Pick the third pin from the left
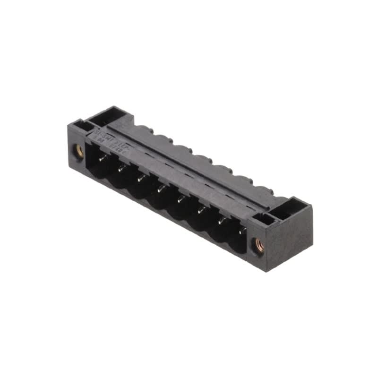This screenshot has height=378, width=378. tap(141, 179)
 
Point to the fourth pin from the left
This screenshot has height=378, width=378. tap(161, 189)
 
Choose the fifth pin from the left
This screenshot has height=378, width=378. tap(180, 200)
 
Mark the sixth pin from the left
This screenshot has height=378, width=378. tap(201, 210)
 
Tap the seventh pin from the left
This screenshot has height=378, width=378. tap(221, 221)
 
